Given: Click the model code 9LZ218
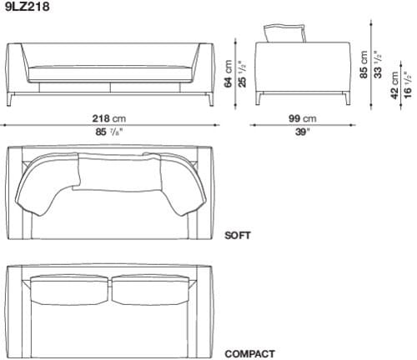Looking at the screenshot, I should point(25,7).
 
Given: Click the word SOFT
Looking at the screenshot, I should point(237,235).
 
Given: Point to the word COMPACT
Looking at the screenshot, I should point(249,353).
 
